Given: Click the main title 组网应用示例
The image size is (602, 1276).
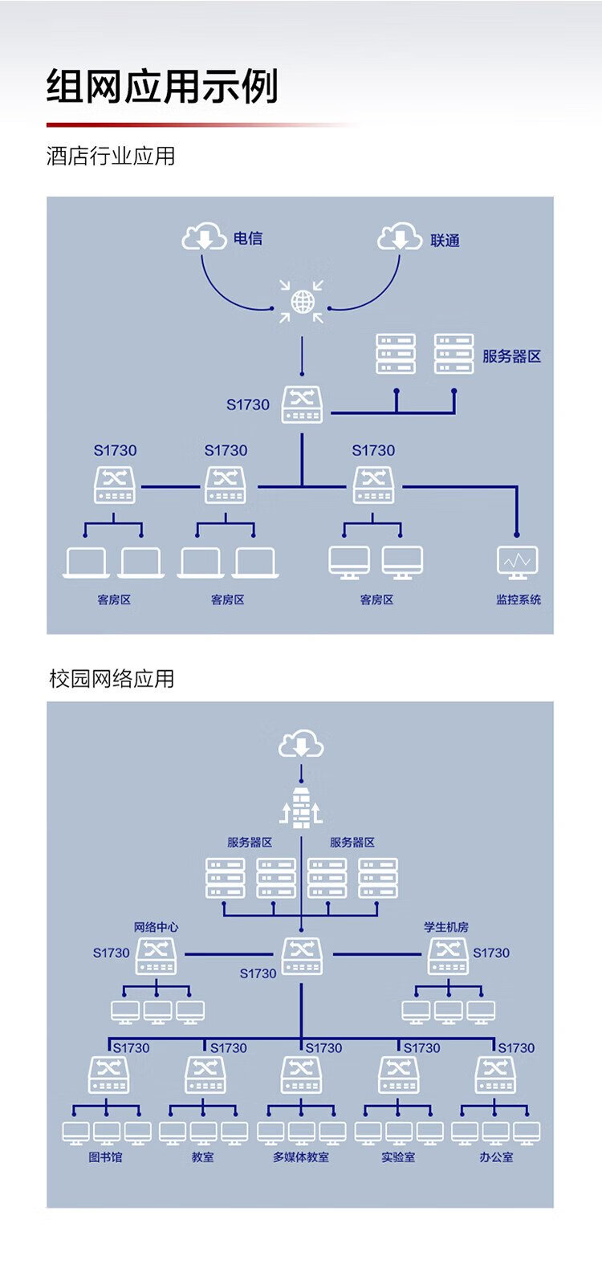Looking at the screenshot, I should [162, 86].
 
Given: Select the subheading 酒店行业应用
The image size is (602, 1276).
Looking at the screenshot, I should [111, 156].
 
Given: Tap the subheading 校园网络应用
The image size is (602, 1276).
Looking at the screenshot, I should [112, 679].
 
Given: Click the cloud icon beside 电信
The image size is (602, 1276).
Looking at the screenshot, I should [204, 238].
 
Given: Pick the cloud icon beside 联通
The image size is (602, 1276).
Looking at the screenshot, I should [400, 238].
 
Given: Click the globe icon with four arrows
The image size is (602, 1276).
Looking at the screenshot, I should [303, 302].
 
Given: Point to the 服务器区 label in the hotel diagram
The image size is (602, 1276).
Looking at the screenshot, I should [511, 356].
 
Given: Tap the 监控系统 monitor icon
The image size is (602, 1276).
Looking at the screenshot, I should [518, 562].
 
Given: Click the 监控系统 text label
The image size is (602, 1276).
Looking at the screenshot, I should [519, 599].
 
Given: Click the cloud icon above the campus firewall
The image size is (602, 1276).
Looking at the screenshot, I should [301, 746].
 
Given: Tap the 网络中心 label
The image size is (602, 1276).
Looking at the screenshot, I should [156, 927].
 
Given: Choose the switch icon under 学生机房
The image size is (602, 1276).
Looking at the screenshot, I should [448, 956].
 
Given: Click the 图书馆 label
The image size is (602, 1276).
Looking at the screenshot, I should [105, 1157].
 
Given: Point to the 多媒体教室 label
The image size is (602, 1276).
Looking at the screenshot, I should [301, 1157].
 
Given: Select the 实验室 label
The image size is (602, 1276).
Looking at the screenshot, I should [398, 1157].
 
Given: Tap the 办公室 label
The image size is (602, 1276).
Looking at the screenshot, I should [496, 1157].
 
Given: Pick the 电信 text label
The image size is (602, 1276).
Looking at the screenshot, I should [248, 238].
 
